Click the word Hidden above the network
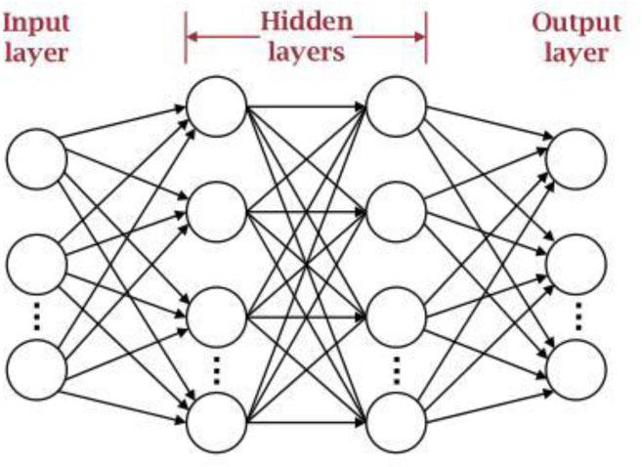(306, 21)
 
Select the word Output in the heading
(577, 21)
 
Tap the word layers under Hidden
(305, 50)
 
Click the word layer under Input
(36, 51)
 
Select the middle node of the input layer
(36, 263)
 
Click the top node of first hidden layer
(217, 106)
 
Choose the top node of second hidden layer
(397, 106)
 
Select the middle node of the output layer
(577, 263)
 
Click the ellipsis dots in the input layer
(36, 316)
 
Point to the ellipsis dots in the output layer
(577, 316)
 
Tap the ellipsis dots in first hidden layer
(217, 370)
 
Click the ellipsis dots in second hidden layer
(397, 370)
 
